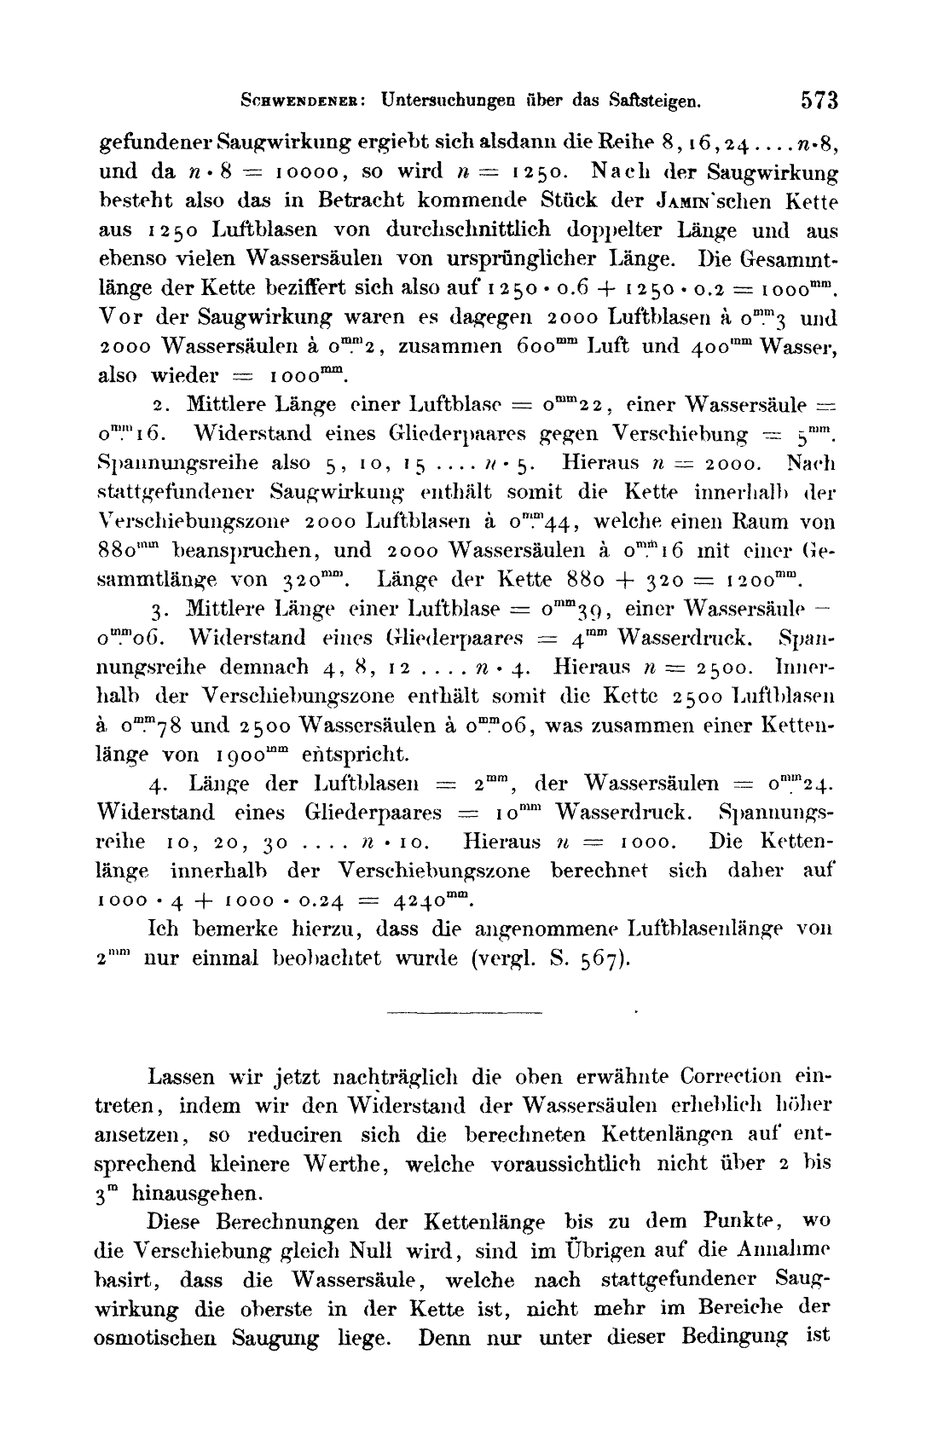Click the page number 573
[x=819, y=99]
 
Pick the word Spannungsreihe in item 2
[x=178, y=463]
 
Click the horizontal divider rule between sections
[x=466, y=1013]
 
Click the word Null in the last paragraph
[x=373, y=1251]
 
